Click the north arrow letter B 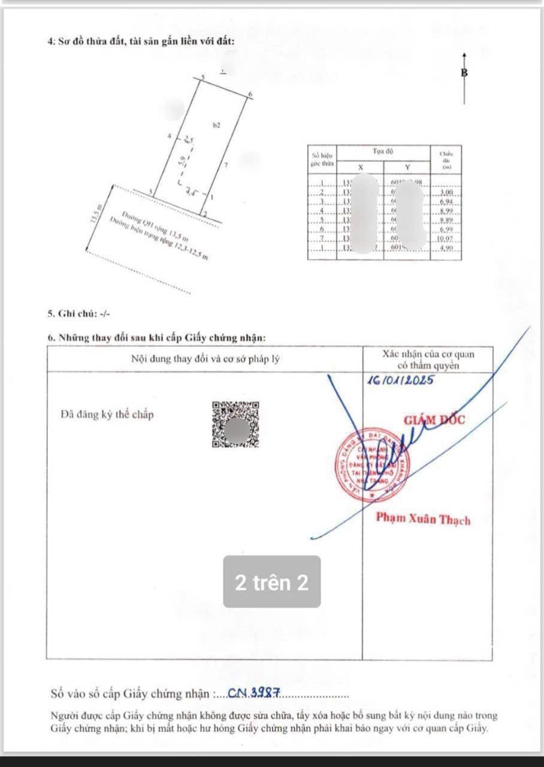click(x=464, y=73)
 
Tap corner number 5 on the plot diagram click(x=203, y=78)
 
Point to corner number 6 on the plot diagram click(x=250, y=95)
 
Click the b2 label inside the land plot click(x=217, y=125)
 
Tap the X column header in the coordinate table click(x=360, y=167)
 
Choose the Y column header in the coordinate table click(x=407, y=167)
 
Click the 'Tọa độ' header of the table click(x=383, y=152)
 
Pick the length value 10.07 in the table click(x=446, y=238)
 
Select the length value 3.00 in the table click(x=446, y=193)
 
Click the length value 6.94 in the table click(x=446, y=202)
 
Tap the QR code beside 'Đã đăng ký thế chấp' click(x=235, y=425)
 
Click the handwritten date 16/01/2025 click(x=399, y=380)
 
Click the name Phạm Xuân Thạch click(x=423, y=518)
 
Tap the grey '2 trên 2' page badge click(x=272, y=582)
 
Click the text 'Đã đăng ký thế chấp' click(x=107, y=414)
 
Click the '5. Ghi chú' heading click(x=78, y=313)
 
